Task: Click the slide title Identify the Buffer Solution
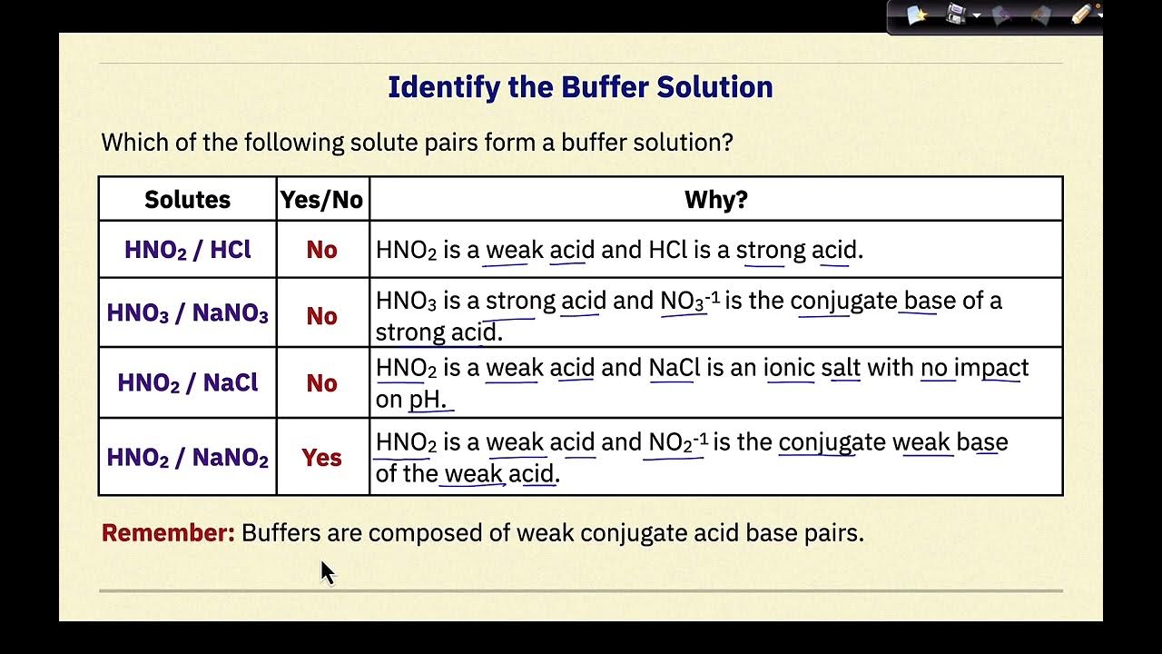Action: coord(580,87)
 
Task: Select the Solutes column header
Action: coord(187,200)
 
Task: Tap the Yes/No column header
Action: coord(321,200)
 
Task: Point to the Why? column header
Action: coord(715,200)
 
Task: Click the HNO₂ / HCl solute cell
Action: coord(187,250)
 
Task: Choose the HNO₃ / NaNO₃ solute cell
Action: coord(187,313)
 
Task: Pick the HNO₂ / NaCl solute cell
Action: coord(187,382)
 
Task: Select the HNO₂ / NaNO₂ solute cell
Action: coord(187,458)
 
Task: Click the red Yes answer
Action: coord(321,458)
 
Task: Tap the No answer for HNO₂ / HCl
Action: coord(321,250)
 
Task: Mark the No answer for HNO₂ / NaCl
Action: coord(321,383)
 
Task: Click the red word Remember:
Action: coord(168,533)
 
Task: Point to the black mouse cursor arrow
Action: coord(327,572)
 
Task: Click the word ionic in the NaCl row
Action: coord(788,368)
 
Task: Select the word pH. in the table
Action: coord(428,400)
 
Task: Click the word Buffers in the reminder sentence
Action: coord(281,533)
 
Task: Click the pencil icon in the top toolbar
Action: coord(1081,15)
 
